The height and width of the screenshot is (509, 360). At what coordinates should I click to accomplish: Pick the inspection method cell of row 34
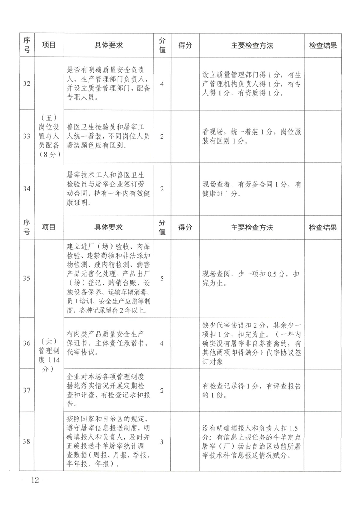pyautogui.click(x=252, y=189)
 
